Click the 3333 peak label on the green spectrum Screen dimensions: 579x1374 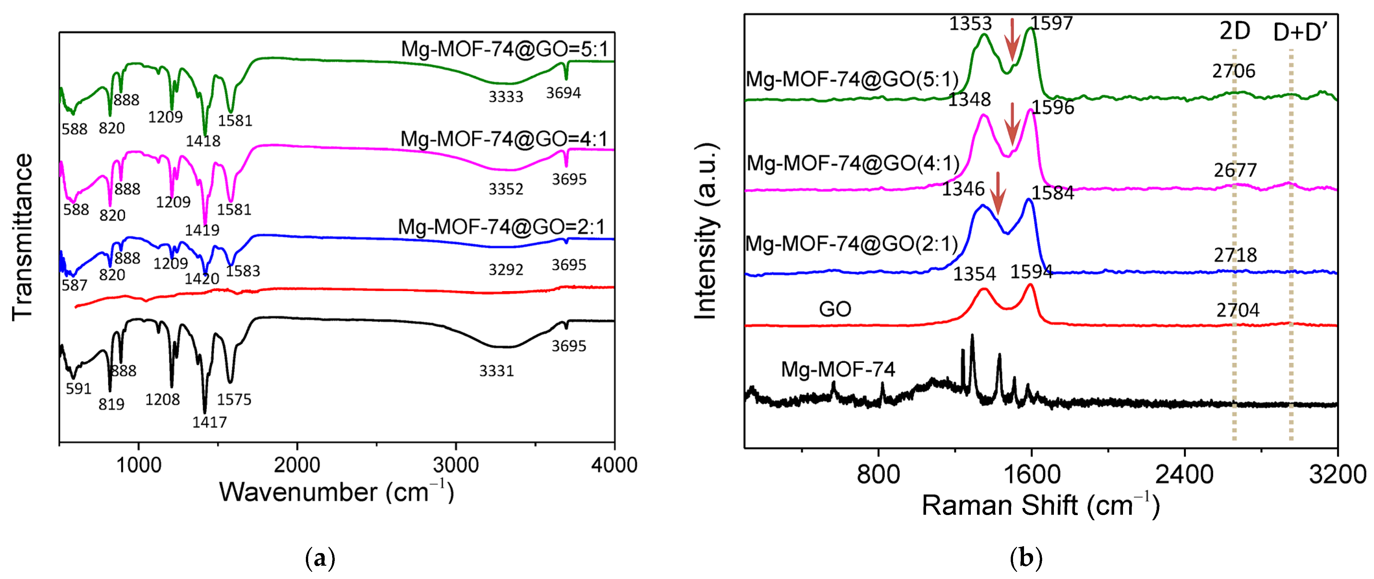[x=506, y=97]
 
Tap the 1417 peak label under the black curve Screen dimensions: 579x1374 [x=210, y=422]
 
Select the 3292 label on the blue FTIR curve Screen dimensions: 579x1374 [x=506, y=269]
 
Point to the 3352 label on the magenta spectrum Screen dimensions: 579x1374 [x=506, y=189]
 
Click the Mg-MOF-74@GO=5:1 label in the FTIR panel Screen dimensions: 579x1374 [x=504, y=49]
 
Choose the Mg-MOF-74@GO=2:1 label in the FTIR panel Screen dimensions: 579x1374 [x=501, y=227]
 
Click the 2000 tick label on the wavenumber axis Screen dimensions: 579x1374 [x=296, y=465]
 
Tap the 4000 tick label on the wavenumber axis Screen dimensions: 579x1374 [x=614, y=465]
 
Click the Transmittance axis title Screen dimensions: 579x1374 [x=22, y=238]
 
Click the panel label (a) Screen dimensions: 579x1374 [x=320, y=558]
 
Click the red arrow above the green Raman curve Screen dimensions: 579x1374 [x=1012, y=40]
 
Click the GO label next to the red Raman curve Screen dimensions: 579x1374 [x=835, y=309]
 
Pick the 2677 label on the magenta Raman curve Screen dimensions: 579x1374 [x=1235, y=170]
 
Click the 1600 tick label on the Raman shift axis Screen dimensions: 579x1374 [x=1031, y=474]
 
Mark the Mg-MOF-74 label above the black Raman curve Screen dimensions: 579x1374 [x=838, y=369]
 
